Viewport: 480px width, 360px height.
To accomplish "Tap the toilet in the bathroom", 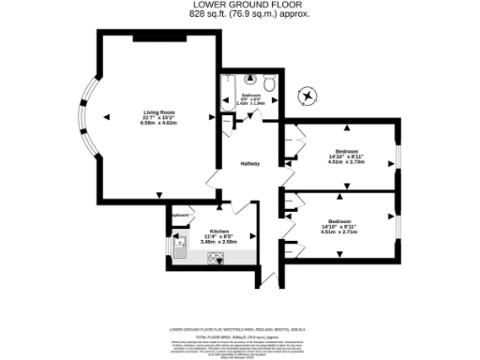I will [x=268, y=83].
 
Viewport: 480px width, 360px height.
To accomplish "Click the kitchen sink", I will [x=182, y=247].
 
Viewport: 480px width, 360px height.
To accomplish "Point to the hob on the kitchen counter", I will [x=222, y=260].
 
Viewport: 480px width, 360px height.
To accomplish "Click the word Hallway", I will [x=250, y=164].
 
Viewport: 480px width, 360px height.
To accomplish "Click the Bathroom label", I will [x=250, y=96].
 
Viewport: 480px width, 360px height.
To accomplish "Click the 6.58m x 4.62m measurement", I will [x=158, y=123].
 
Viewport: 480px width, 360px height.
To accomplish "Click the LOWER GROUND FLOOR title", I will [x=239, y=6].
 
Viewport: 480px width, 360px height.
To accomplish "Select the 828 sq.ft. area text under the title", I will [x=239, y=16].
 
